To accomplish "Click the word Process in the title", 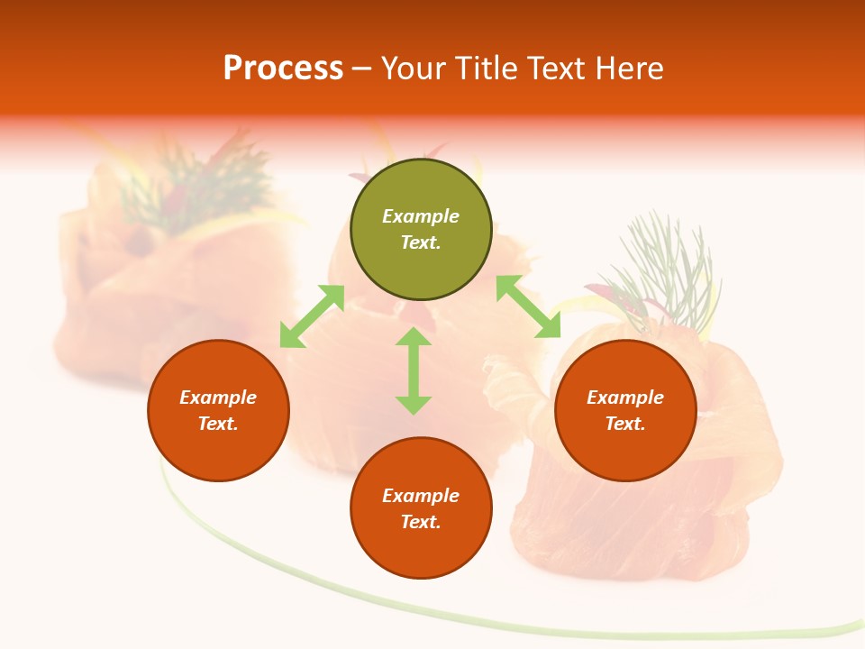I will pos(283,69).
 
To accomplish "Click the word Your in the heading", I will pos(415,69).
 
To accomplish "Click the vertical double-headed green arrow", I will pos(414,370).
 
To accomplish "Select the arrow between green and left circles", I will pos(312,316).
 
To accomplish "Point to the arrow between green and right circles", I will pos(529,307).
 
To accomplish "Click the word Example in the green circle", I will pos(421,216).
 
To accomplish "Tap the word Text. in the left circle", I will pos(218,424).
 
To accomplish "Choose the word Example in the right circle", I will pos(625,398).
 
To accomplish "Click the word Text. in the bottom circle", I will pos(421,522).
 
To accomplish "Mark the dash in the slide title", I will pos(362,69).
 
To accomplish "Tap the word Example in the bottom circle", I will pos(421,496).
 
